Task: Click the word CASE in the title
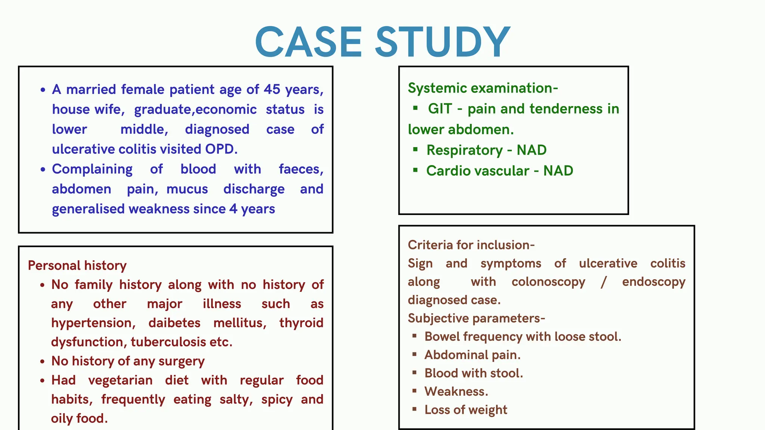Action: (309, 42)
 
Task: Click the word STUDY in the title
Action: (442, 42)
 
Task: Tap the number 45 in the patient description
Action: (272, 90)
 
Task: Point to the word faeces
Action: (301, 169)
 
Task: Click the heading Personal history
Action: (77, 265)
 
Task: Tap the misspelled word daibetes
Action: (174, 323)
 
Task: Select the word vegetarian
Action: (120, 380)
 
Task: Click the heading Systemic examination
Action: (483, 88)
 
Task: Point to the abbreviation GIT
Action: (440, 109)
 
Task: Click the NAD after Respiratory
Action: (532, 150)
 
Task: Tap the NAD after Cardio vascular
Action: (558, 171)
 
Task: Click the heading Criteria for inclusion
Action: (471, 245)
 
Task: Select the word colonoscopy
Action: (548, 282)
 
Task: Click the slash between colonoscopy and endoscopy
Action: (604, 282)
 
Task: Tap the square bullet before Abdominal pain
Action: (414, 354)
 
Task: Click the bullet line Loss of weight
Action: (466, 410)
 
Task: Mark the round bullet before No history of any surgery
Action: (43, 361)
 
